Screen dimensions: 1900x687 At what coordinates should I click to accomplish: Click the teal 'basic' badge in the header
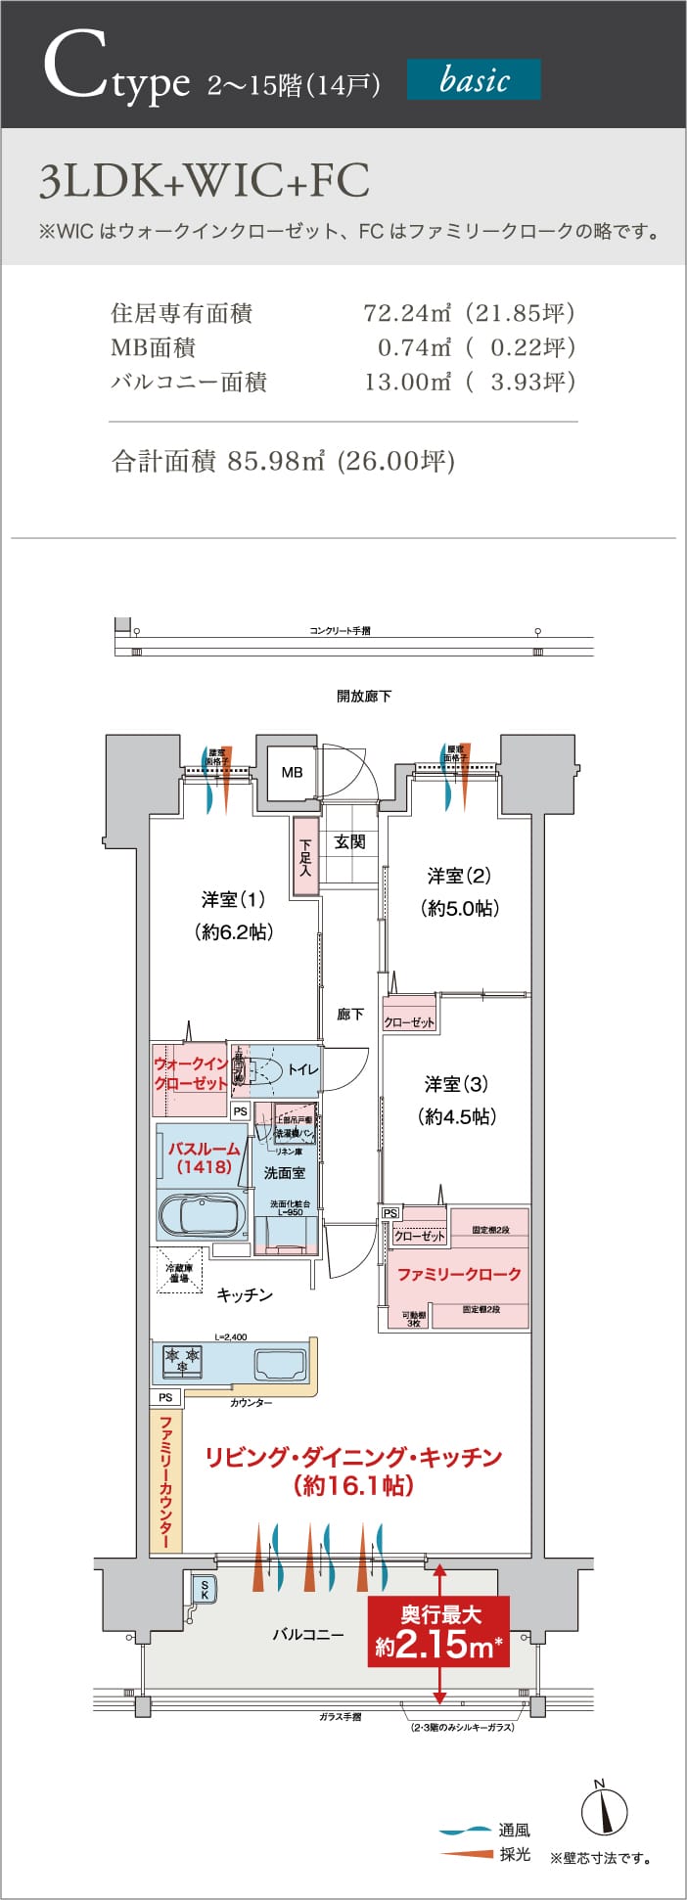[474, 79]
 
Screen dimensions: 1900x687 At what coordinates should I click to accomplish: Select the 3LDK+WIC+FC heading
[204, 181]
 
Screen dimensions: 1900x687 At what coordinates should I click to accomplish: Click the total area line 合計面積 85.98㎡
[284, 461]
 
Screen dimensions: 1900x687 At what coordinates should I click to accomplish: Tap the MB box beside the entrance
[292, 772]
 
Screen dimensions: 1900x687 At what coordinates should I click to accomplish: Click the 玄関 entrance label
[349, 841]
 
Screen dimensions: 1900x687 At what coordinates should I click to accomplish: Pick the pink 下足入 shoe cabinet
[304, 857]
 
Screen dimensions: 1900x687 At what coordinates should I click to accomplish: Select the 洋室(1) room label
[233, 899]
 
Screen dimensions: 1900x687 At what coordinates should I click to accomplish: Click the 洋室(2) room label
[459, 876]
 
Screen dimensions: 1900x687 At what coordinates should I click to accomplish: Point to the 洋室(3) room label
[456, 1084]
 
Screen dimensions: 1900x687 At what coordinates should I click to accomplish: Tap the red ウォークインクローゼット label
[190, 1073]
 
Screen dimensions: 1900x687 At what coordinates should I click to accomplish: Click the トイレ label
[302, 1069]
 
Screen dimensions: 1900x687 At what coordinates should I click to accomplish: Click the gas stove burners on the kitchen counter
[183, 1359]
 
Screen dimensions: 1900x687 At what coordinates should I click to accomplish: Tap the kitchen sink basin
[280, 1362]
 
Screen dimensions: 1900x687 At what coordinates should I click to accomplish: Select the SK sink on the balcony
[204, 1590]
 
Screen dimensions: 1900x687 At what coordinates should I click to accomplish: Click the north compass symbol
[604, 1810]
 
